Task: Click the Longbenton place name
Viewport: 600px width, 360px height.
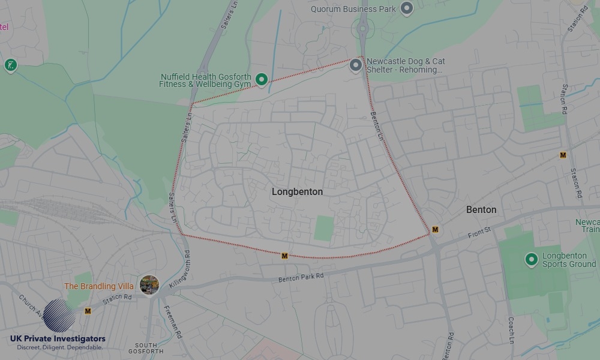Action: point(297,192)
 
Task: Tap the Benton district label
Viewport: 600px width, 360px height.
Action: point(481,209)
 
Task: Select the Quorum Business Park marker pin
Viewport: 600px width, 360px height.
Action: point(407,8)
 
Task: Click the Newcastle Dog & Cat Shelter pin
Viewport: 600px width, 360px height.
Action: point(356,65)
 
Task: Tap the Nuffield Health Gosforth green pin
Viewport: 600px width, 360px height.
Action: point(262,79)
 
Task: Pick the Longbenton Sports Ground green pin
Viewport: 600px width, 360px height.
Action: point(531,259)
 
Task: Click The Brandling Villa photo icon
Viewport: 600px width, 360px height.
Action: point(149,284)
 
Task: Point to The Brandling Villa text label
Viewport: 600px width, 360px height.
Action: point(99,286)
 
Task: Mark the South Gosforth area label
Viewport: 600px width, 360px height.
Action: point(146,348)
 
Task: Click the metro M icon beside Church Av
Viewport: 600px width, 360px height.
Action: point(88,311)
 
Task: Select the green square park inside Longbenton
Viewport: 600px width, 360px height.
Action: point(323,228)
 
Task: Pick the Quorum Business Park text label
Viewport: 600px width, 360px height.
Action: point(353,9)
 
